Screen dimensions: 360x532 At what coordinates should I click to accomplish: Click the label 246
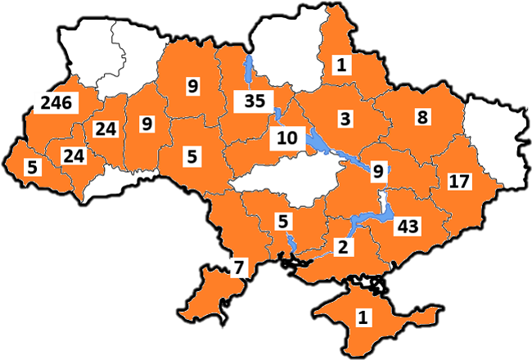click(x=53, y=103)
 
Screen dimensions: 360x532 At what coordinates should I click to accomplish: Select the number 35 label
click(x=250, y=102)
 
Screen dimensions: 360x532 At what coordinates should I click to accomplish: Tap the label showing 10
click(x=286, y=137)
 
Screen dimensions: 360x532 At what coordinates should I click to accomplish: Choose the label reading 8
click(x=422, y=118)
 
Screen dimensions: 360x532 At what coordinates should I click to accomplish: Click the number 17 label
click(x=458, y=181)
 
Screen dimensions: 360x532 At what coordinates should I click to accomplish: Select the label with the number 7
click(x=238, y=267)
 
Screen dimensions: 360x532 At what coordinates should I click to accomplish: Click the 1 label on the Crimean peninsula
click(x=360, y=315)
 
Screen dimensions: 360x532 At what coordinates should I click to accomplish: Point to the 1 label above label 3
click(x=340, y=65)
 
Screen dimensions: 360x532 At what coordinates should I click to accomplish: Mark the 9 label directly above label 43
click(x=377, y=172)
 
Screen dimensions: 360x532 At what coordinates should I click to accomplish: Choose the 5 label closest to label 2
click(x=283, y=220)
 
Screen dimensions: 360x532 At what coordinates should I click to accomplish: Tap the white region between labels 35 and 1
click(x=286, y=53)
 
